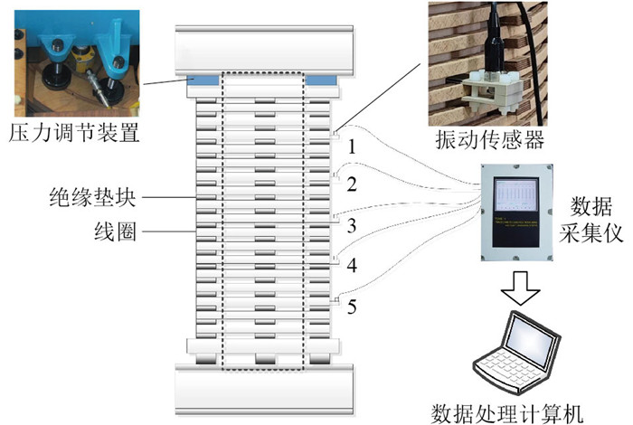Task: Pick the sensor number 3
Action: point(354,224)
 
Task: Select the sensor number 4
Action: point(354,266)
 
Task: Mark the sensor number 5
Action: point(354,307)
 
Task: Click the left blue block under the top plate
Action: point(206,81)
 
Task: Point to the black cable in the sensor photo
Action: point(536,72)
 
